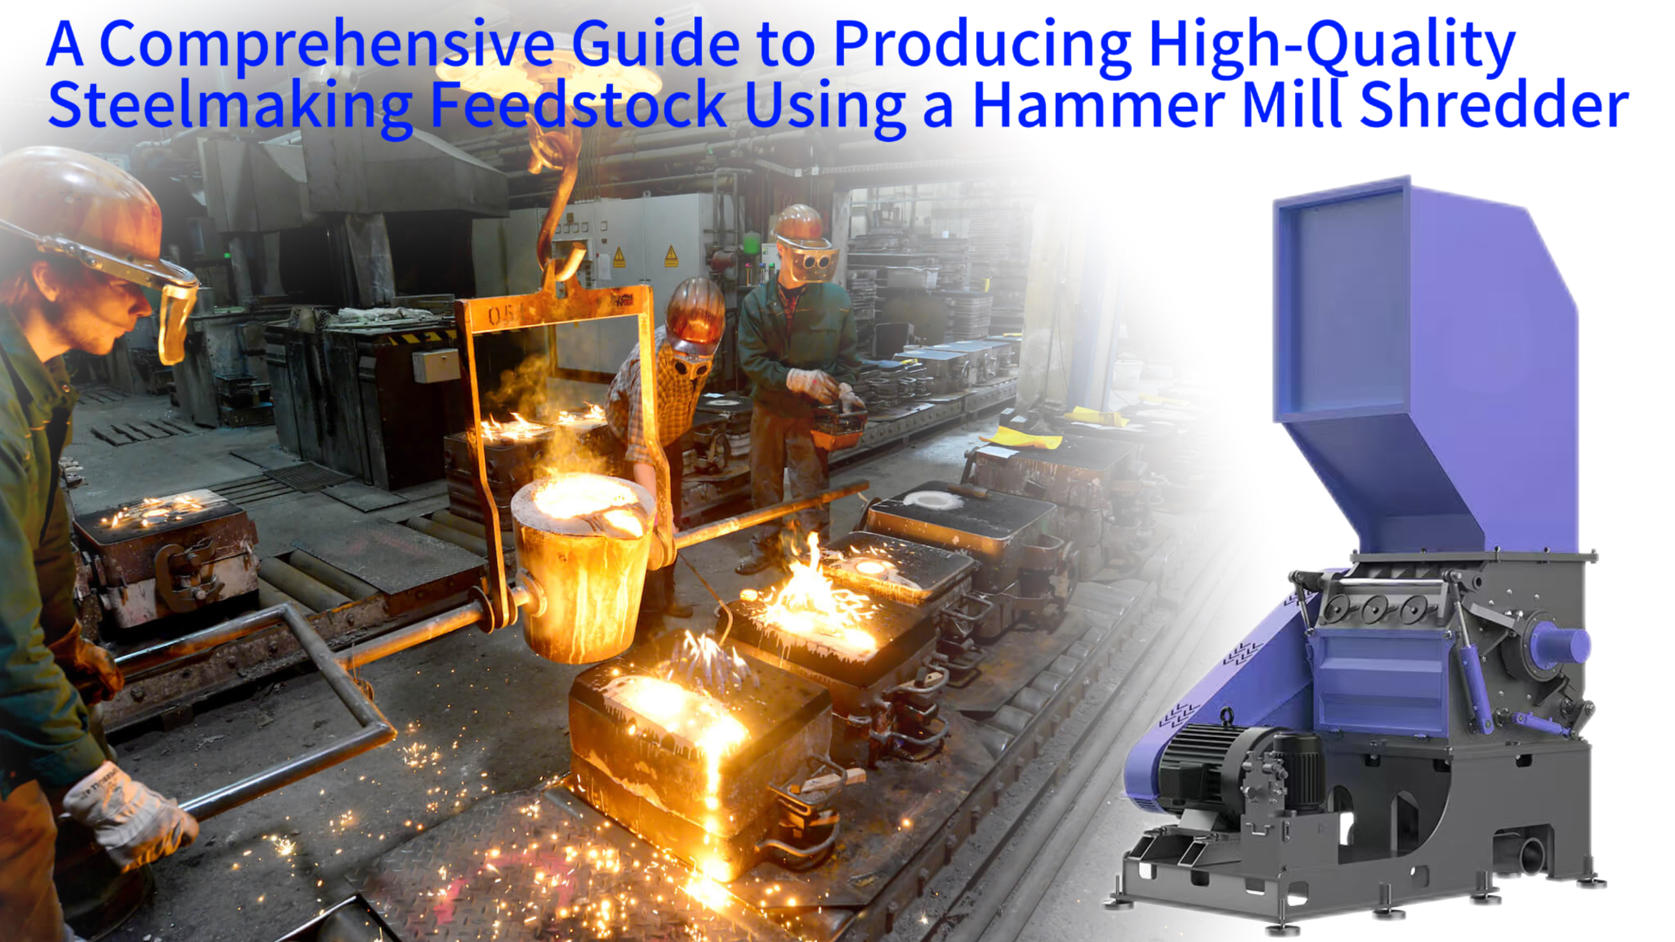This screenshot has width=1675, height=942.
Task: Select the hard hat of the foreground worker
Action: click(78, 195)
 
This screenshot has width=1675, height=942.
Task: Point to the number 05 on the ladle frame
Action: click(501, 317)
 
